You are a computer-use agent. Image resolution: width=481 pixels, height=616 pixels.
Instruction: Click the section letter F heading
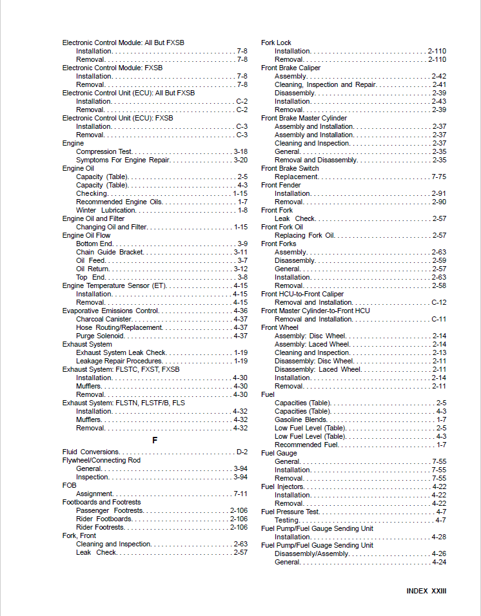point(155,440)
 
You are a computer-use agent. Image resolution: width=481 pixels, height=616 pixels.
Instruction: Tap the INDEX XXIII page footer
point(426,591)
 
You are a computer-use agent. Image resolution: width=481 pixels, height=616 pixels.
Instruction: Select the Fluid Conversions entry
point(91,452)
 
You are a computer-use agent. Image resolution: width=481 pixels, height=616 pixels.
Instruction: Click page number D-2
point(242,452)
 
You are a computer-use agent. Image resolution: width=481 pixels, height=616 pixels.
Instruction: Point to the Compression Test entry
point(104,151)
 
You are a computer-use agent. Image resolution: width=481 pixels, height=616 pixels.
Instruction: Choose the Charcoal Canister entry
point(104,319)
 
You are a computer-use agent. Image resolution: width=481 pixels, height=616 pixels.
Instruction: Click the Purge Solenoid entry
point(100,336)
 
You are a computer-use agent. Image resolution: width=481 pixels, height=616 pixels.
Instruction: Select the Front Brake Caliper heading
point(291,68)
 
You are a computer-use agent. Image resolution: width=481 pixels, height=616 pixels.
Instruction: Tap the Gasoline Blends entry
point(300,419)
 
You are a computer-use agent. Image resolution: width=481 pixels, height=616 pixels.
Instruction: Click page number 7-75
point(438,177)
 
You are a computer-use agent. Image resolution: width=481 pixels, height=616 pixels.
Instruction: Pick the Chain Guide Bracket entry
point(110,252)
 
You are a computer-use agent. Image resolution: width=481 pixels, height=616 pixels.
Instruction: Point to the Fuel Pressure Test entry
point(290,512)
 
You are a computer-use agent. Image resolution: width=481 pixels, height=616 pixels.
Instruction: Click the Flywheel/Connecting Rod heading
point(101,461)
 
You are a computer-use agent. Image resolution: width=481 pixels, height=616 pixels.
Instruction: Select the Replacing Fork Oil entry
point(304,235)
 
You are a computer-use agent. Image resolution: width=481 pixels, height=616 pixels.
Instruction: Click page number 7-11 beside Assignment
point(240,494)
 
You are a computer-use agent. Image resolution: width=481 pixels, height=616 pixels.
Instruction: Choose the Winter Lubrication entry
point(106,210)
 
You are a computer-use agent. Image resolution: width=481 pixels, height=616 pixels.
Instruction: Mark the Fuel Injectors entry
point(282,486)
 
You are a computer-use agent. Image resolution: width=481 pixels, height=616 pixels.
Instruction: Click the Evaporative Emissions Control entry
point(110,311)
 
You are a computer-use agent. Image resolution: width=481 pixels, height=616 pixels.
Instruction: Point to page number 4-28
point(438,537)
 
